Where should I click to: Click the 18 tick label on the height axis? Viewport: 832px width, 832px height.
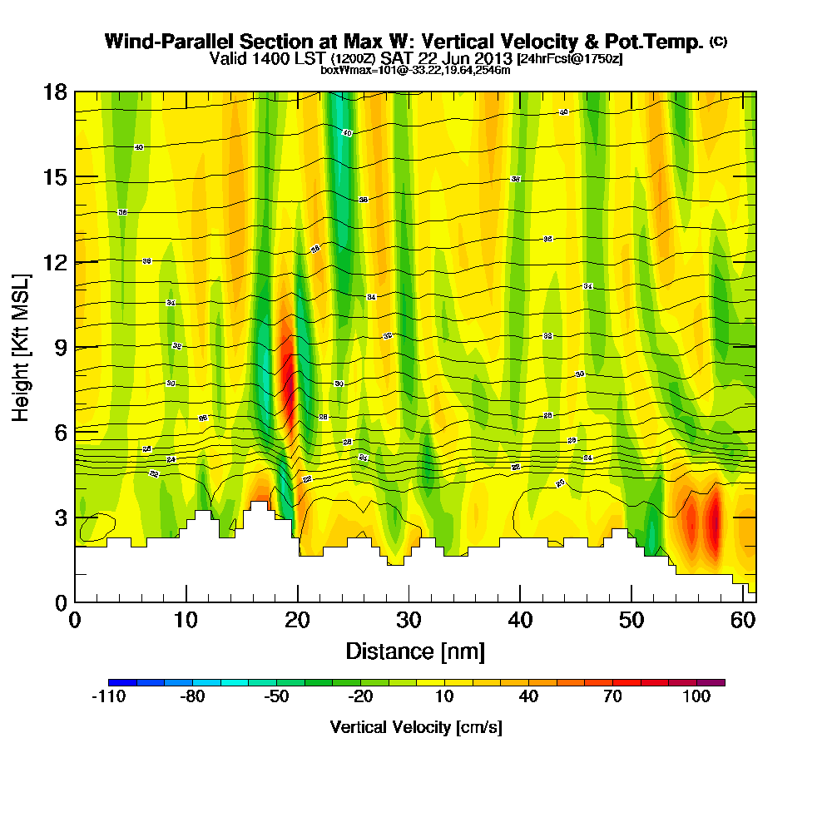[x=55, y=92]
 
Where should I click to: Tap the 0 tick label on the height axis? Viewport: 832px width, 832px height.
[x=61, y=602]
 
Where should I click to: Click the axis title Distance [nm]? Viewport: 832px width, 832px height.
[x=415, y=651]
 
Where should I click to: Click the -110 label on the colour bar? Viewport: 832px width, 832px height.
[x=108, y=697]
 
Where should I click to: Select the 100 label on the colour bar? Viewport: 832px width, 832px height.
[x=696, y=697]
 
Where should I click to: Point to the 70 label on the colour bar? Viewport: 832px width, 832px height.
[x=612, y=697]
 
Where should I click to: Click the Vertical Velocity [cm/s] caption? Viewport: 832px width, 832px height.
[x=416, y=727]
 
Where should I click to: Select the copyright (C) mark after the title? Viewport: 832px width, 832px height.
[x=717, y=42]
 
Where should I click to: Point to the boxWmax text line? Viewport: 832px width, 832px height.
[x=415, y=70]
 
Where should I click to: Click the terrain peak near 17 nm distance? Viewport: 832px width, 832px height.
[x=259, y=504]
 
